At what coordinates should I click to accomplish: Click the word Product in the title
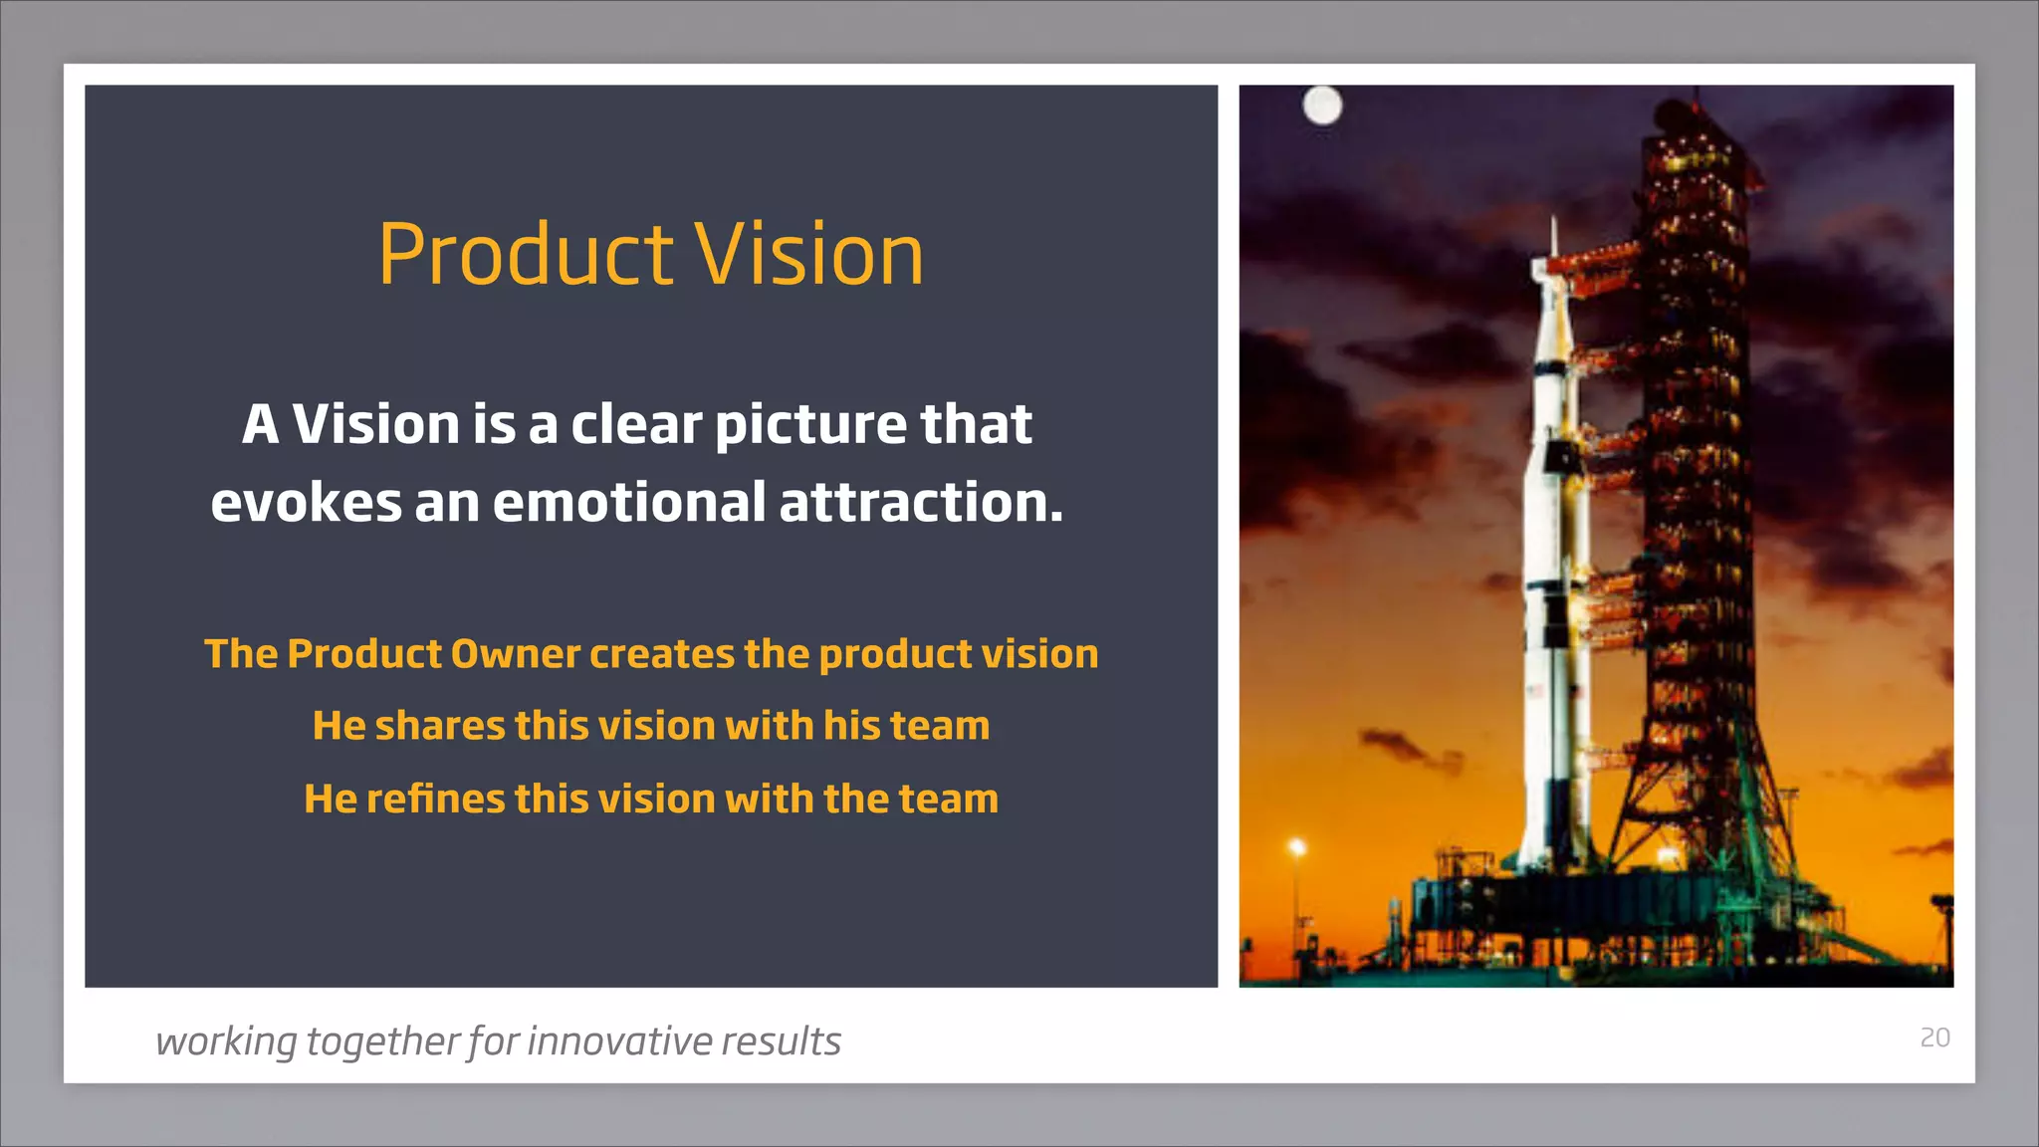(x=526, y=255)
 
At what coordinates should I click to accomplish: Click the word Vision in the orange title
(x=808, y=255)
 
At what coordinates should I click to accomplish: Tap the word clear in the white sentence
(x=636, y=424)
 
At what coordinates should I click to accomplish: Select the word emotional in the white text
(x=629, y=502)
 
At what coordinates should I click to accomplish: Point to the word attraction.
(x=921, y=502)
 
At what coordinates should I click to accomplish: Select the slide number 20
(x=1934, y=1037)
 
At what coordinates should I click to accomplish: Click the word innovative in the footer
(x=618, y=1041)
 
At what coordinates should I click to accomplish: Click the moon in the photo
(x=1322, y=105)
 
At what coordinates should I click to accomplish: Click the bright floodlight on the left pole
(x=1297, y=847)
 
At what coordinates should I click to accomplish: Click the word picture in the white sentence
(x=810, y=424)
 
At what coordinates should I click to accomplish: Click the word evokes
(x=306, y=502)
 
